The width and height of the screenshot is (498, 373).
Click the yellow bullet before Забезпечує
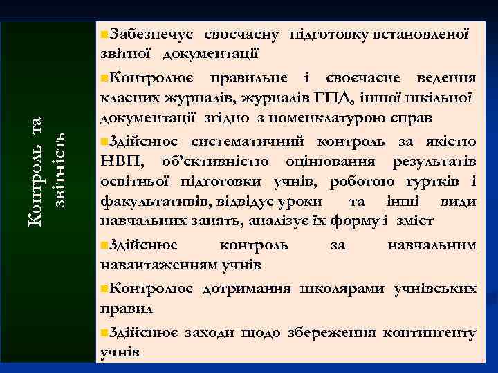104,34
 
